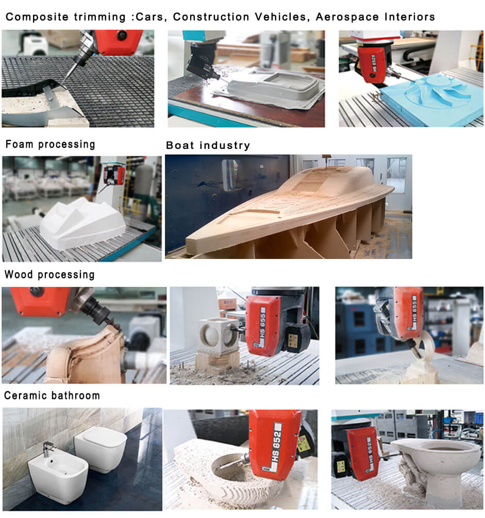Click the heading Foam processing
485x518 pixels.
tap(51, 144)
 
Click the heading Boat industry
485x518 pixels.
tap(208, 146)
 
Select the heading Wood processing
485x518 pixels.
tap(50, 274)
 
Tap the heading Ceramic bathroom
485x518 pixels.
tap(52, 396)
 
